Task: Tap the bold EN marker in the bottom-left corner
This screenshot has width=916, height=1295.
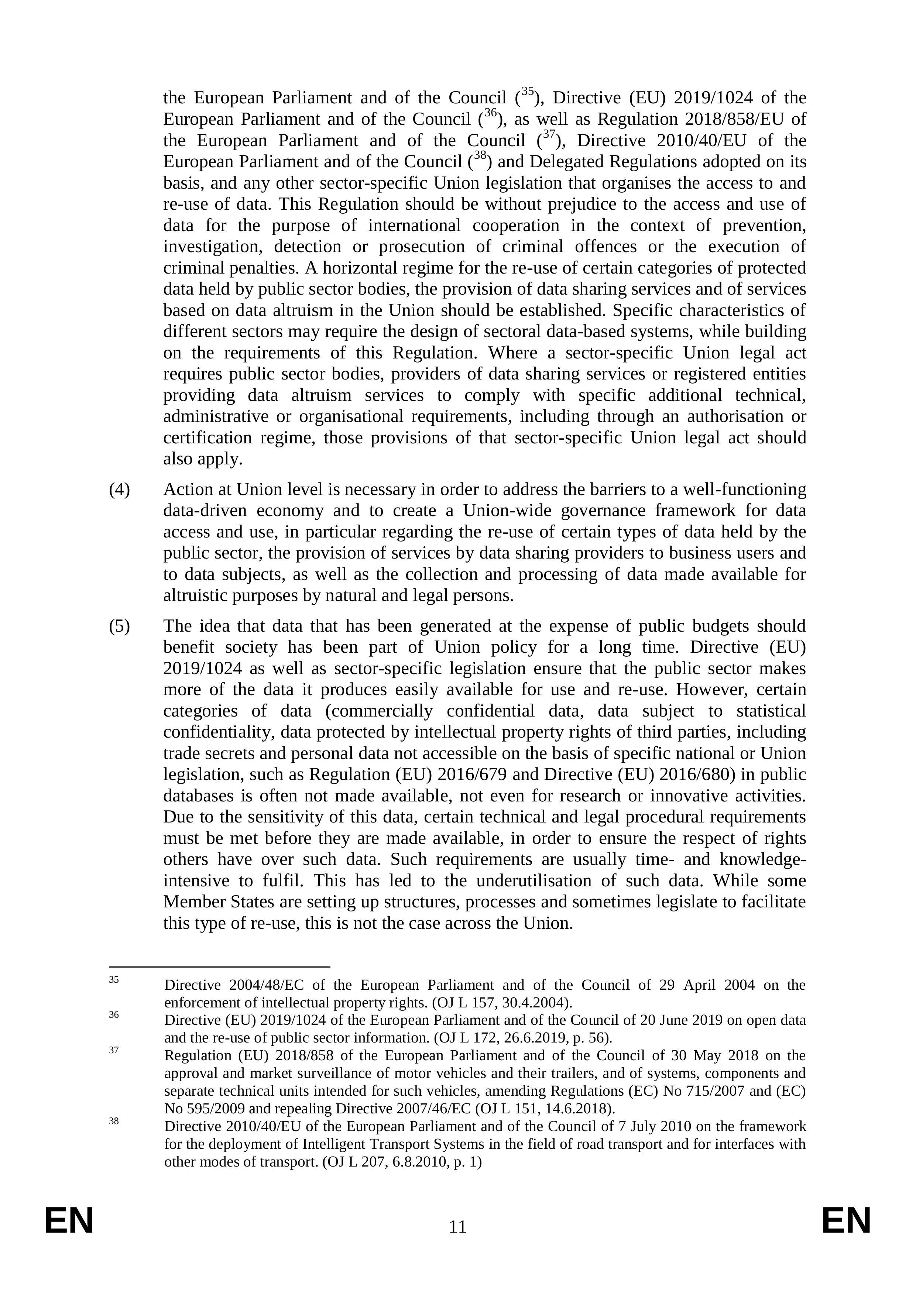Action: (69, 1221)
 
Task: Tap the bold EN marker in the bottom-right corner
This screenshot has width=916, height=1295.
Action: (846, 1221)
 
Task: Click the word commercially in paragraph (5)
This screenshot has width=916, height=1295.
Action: (379, 711)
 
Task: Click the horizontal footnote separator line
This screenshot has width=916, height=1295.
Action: (219, 966)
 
